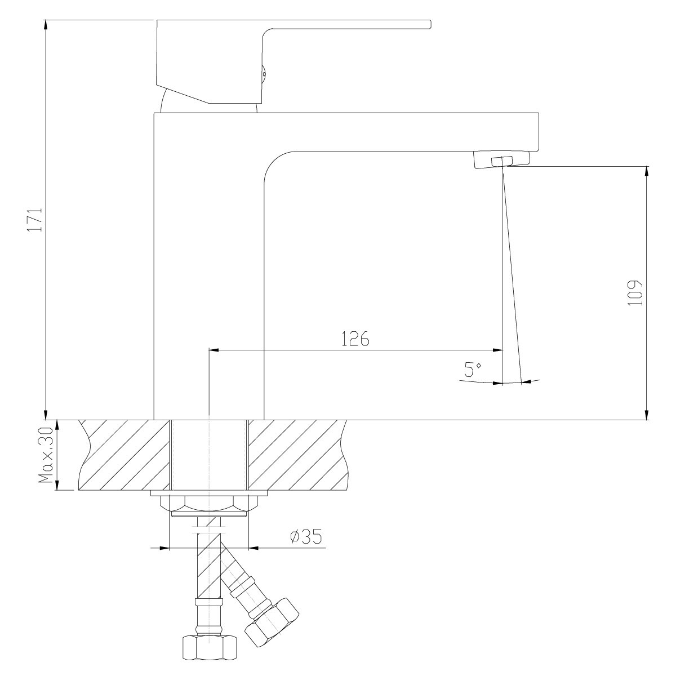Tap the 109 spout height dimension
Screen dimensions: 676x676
(x=635, y=293)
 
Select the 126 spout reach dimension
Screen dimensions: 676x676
(x=355, y=338)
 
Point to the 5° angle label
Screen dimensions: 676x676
(x=473, y=370)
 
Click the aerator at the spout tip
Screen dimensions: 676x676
(x=502, y=161)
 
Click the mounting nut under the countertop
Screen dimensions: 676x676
(x=209, y=504)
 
